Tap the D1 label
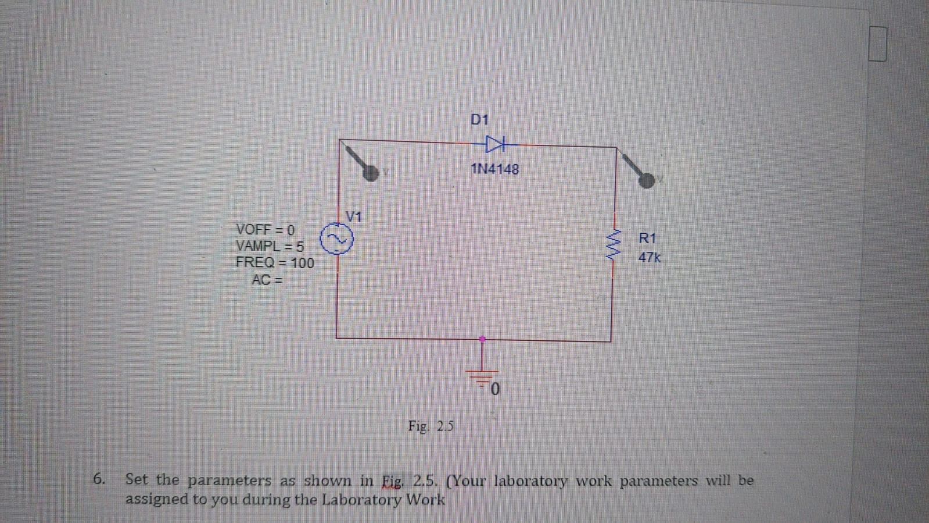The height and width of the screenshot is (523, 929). [x=480, y=120]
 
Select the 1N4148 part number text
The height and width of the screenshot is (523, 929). [x=495, y=169]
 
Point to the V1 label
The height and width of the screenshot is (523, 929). [x=354, y=217]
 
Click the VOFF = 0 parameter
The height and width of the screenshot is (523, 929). [x=265, y=230]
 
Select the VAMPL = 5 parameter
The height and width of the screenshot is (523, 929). [x=270, y=246]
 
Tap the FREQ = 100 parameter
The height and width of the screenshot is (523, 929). [x=275, y=263]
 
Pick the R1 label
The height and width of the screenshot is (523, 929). [x=647, y=238]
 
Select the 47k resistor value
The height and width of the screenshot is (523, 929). [x=650, y=257]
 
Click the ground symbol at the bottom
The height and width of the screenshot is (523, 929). [x=482, y=372]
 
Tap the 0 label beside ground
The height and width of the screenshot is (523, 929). [x=495, y=389]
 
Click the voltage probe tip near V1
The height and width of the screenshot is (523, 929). [x=370, y=172]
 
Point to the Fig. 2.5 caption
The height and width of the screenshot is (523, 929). [x=431, y=426]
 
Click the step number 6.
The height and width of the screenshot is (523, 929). [x=99, y=479]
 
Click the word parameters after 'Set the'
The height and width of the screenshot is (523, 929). [x=229, y=481]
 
